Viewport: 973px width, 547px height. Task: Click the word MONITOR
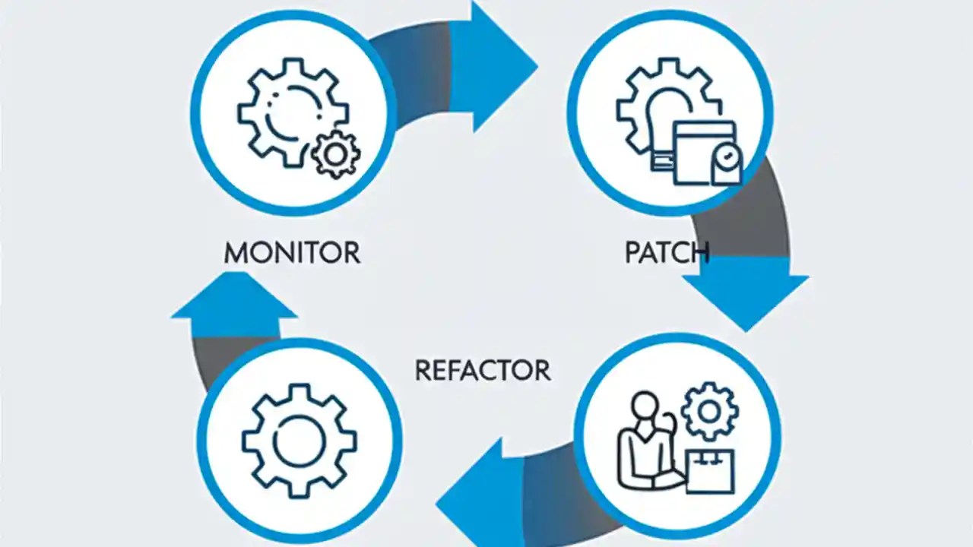[292, 252]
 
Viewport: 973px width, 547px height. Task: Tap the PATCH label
[667, 252]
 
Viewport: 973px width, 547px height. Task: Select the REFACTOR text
[483, 370]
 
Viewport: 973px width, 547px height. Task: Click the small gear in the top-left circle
[336, 154]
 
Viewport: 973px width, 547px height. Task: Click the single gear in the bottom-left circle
[299, 440]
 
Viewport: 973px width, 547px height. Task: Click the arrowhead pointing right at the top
[498, 65]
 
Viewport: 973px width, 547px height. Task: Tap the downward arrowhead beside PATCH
[745, 292]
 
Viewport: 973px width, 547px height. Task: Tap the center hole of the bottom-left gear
[299, 440]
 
